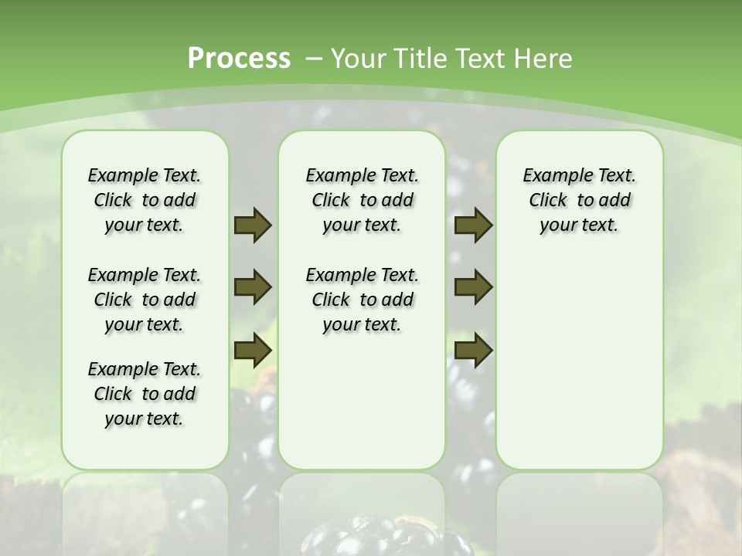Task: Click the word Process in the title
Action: [239, 58]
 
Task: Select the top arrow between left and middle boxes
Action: [253, 225]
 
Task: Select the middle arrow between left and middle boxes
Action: [253, 287]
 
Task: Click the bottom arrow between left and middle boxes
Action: [253, 350]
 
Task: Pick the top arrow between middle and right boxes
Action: [473, 225]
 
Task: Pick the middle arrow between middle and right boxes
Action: [473, 287]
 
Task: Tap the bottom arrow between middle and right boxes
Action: [473, 350]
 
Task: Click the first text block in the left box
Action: [145, 200]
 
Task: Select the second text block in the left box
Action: [145, 300]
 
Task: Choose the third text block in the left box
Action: [145, 394]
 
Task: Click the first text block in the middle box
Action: [362, 200]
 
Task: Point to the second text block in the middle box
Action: [362, 300]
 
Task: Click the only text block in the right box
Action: [580, 200]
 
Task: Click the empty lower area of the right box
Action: [580, 371]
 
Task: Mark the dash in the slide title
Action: [314, 58]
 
